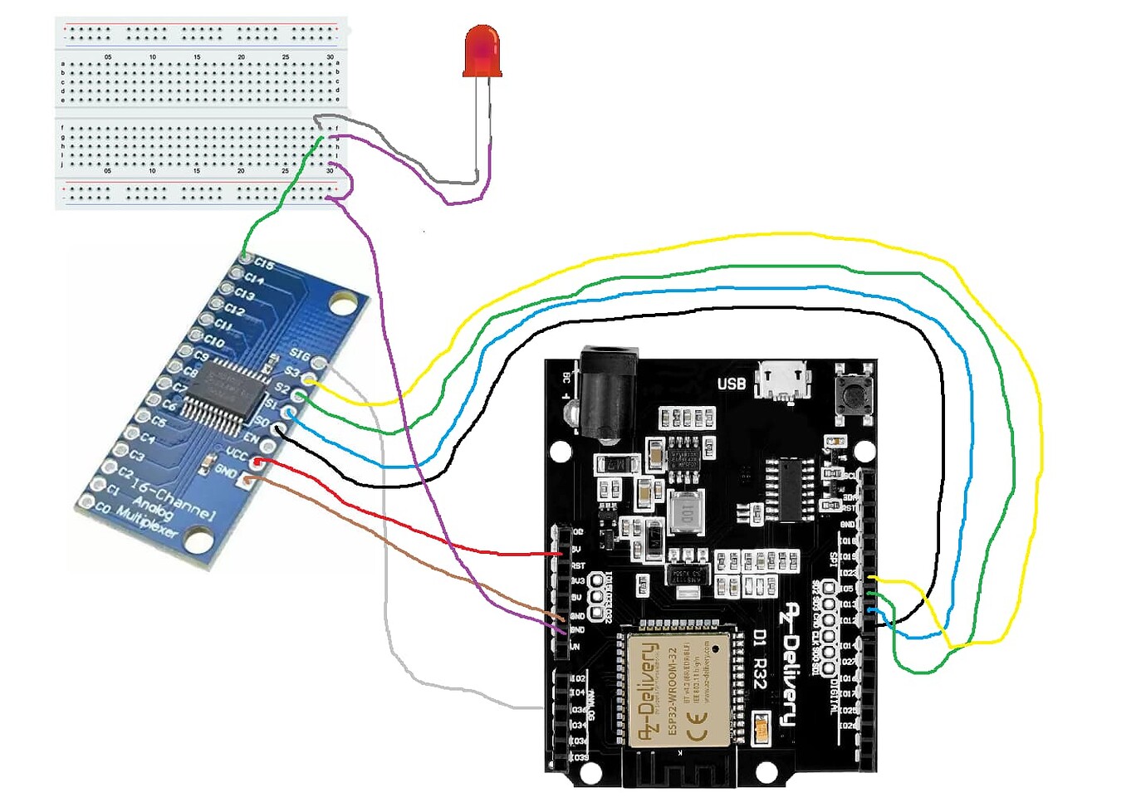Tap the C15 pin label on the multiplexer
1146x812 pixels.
tap(264, 263)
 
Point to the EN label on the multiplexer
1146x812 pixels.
tap(252, 438)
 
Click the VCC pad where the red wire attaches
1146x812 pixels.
tap(258, 461)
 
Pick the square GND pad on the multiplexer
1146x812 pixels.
tap(247, 479)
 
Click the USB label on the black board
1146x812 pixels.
tap(731, 384)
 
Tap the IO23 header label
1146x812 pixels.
tap(848, 573)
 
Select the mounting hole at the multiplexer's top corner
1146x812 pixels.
tap(340, 305)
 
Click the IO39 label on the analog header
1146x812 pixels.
tap(578, 757)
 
